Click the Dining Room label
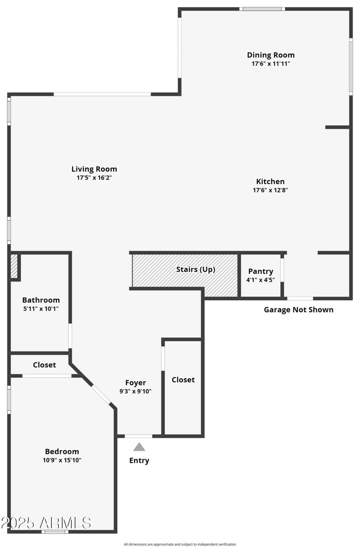pos(270,55)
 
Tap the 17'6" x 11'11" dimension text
pos(270,64)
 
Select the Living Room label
pos(94,169)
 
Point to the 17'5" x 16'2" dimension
pos(94,178)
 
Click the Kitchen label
pos(270,181)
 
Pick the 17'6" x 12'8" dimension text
pos(270,190)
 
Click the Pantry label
pos(261,271)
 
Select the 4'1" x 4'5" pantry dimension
pos(261,280)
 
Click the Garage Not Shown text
pos(298,310)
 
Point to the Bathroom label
pos(41,300)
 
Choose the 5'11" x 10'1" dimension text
pos(41,309)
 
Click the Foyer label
pos(135,383)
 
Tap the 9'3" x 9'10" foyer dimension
pos(135,391)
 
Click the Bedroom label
pos(62,451)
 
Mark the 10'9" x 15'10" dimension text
pos(62,460)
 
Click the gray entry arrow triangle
pos(139,447)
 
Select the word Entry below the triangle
pos(139,460)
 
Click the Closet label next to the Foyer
pos(183,380)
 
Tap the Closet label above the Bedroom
pos(45,365)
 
